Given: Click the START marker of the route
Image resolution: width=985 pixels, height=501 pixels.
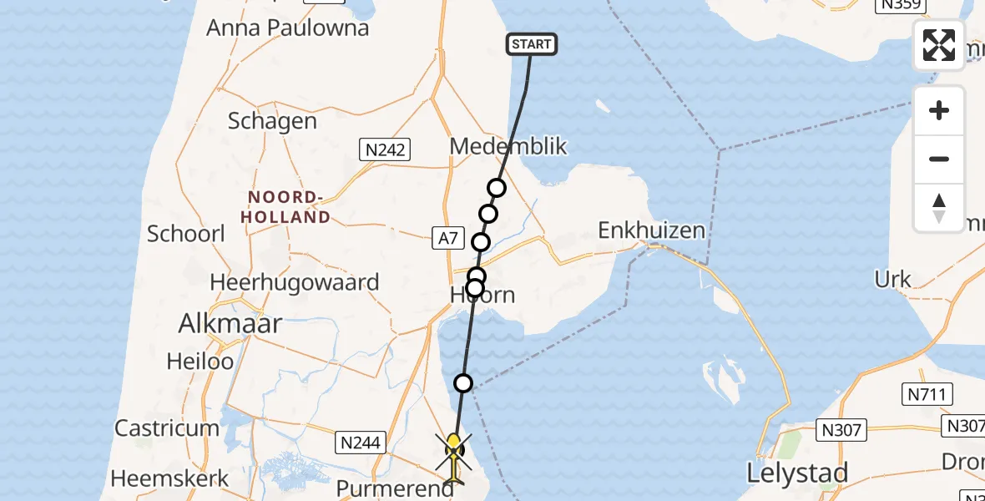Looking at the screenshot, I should click(x=532, y=44).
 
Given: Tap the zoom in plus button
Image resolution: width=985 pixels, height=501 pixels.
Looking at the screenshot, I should click(x=939, y=111).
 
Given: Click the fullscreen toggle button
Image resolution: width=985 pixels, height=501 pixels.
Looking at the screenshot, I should click(x=939, y=45).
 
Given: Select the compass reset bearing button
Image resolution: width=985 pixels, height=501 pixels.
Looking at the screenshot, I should click(x=939, y=208).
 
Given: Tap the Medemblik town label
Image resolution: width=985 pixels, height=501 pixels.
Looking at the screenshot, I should click(x=508, y=147).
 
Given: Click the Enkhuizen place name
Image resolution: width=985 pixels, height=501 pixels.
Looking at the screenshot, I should click(x=651, y=230).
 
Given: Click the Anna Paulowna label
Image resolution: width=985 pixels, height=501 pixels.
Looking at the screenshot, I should click(x=287, y=28).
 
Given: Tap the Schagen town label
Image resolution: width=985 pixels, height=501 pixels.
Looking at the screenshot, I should click(x=272, y=121).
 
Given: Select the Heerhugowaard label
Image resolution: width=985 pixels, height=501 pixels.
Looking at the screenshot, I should click(x=294, y=282).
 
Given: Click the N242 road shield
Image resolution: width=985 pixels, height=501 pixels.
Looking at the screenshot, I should click(x=386, y=150).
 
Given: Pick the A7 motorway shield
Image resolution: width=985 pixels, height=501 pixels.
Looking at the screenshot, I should click(x=447, y=239).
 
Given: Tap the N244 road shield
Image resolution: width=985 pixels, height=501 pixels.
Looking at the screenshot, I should click(x=361, y=443).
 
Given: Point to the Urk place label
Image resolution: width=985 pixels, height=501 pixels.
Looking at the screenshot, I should click(x=892, y=278).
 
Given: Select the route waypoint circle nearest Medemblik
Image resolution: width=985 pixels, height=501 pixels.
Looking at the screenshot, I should click(x=497, y=188).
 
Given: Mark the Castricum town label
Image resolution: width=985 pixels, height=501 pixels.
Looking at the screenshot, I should click(x=167, y=428).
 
